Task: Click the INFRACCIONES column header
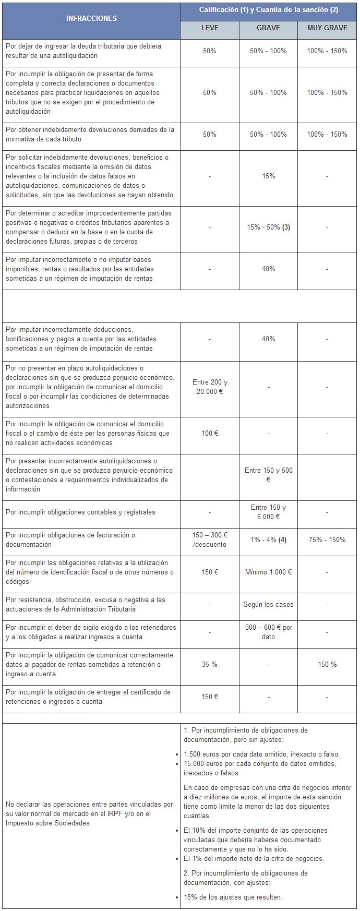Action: point(91,18)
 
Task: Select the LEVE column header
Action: point(210,28)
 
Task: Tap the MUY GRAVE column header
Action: point(327,28)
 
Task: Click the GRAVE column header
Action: point(268,28)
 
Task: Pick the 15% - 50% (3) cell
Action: point(268,227)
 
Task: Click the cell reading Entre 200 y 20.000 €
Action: point(210,387)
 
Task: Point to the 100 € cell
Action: point(210,434)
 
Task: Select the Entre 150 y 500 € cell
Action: point(268,475)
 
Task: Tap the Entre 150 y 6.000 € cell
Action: point(268,512)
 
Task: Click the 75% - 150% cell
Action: point(327,540)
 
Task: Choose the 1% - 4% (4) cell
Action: point(268,540)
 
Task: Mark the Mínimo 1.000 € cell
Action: point(268,572)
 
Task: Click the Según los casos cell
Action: point(268,605)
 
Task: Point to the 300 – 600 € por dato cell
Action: point(268,632)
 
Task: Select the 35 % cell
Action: point(210,665)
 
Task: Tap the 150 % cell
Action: point(327,665)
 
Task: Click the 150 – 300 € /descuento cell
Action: point(210,540)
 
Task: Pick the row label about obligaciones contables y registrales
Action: point(80,512)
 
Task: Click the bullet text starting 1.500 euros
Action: point(261,754)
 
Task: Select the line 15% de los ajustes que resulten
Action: point(233,897)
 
